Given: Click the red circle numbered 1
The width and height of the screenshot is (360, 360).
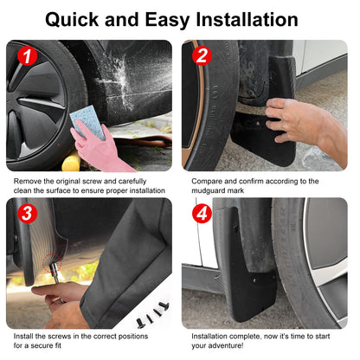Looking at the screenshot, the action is click(x=27, y=55).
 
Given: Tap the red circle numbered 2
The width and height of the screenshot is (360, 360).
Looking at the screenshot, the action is click(x=202, y=55).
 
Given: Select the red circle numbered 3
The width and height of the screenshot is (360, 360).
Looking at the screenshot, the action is click(x=27, y=214).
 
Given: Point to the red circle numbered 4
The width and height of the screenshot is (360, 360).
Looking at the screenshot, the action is click(x=202, y=214).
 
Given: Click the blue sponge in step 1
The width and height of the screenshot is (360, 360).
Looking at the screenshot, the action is click(x=88, y=121).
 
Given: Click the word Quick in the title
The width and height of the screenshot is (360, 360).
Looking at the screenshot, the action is click(x=72, y=20).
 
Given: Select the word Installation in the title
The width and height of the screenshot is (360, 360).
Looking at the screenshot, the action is click(x=247, y=20).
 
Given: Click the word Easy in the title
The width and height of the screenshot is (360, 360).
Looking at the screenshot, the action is click(x=167, y=21).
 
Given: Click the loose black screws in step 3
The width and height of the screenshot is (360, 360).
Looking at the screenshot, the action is click(x=153, y=315).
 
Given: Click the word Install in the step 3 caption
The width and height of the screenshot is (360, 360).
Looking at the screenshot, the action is click(x=23, y=336).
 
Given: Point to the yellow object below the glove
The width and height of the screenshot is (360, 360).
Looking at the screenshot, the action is click(x=71, y=162).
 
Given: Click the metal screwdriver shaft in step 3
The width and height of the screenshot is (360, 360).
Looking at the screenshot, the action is click(x=55, y=273).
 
